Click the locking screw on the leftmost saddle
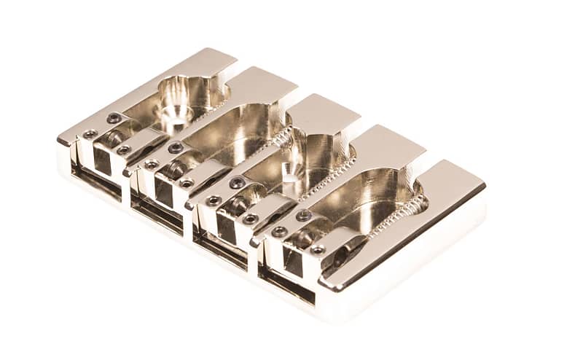(x=114, y=118)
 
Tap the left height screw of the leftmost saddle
(x=90, y=134)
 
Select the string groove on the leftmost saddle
(x=113, y=138)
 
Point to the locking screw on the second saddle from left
(x=176, y=148)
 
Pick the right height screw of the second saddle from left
(x=187, y=183)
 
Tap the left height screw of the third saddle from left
(x=213, y=200)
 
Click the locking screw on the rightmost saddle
(x=303, y=216)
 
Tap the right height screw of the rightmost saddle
(x=318, y=250)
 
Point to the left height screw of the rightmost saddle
(x=279, y=232)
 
